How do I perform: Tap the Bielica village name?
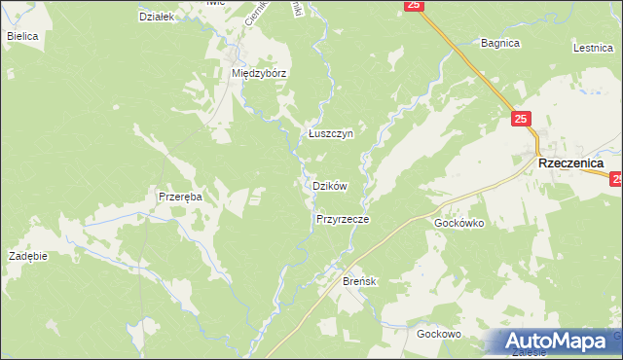[x=21, y=36]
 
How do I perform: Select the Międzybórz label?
[x=257, y=73]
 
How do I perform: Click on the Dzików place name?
[x=330, y=185]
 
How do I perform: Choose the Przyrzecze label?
[x=342, y=220]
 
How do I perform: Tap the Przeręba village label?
[x=180, y=197]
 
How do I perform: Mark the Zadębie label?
[x=28, y=256]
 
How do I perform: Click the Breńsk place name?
[x=359, y=281]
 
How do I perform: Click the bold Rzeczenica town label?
[x=570, y=164]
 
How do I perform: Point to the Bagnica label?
[x=501, y=43]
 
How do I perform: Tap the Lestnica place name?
[x=592, y=46]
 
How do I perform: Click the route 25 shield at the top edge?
[x=414, y=5]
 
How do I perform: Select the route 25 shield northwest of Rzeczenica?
[x=522, y=119]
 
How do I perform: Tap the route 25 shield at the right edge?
[x=616, y=179]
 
